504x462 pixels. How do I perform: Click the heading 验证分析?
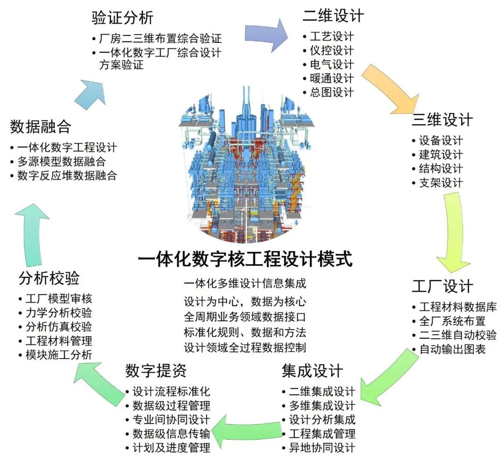(x=122, y=18)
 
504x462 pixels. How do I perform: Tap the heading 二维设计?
(x=333, y=15)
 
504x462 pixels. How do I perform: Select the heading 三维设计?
(x=441, y=120)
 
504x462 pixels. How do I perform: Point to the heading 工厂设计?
(x=442, y=286)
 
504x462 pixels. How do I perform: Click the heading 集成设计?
(x=312, y=371)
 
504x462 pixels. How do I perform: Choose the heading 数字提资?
(x=156, y=371)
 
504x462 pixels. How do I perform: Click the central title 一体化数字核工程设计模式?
(x=245, y=258)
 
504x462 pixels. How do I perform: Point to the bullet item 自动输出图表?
(x=452, y=349)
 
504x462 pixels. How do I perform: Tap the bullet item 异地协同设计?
(x=322, y=448)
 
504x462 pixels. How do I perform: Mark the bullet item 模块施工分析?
(x=58, y=355)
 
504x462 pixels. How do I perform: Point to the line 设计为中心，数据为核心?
(x=245, y=301)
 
